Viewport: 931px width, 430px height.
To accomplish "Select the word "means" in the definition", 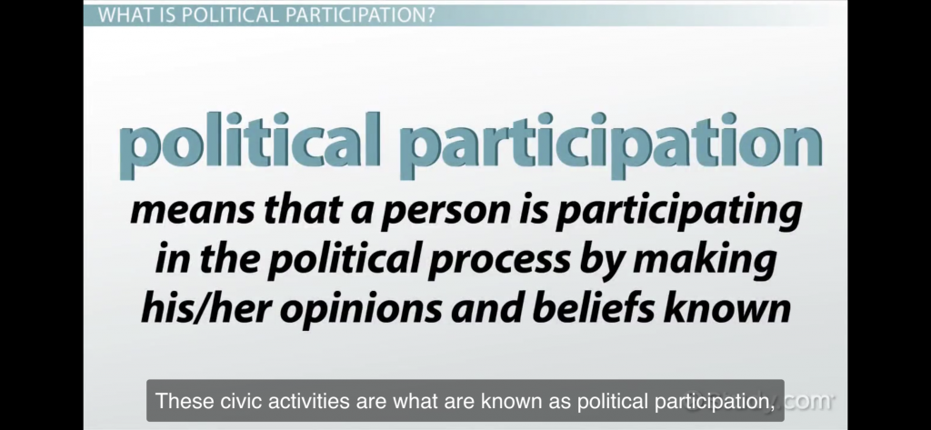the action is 192,210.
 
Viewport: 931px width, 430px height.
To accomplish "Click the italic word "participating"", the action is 678,211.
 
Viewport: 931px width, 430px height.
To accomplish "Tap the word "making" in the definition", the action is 705,259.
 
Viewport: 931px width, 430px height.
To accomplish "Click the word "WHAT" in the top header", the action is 123,15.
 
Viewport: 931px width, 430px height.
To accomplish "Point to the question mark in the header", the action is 430,15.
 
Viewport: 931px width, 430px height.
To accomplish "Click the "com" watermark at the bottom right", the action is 808,401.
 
